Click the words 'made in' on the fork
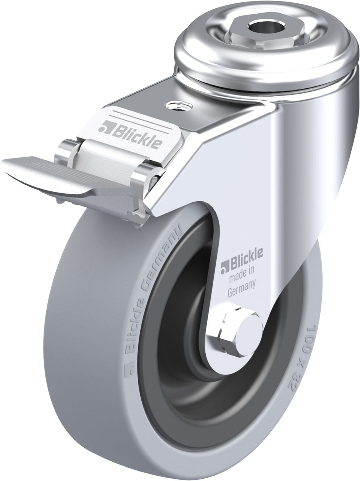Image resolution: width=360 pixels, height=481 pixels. pos(241,276)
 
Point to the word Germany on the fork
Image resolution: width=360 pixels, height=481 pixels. pos(242,288)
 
